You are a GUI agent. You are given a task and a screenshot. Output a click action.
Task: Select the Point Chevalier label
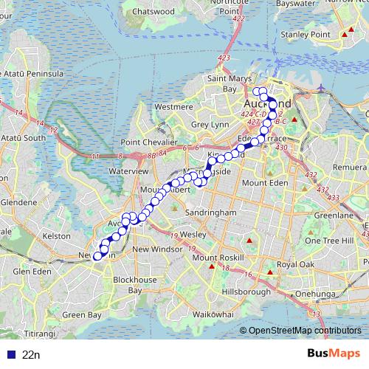[150, 142]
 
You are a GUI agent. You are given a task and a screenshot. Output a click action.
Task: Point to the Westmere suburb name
[173, 107]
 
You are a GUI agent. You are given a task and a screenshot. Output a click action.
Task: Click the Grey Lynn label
[210, 125]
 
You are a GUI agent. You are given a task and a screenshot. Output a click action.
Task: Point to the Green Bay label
[81, 314]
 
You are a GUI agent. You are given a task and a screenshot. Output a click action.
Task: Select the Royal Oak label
[296, 264]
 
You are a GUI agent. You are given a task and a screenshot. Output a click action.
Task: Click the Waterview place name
[129, 170]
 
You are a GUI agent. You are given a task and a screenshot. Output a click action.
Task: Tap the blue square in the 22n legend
[8, 355]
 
